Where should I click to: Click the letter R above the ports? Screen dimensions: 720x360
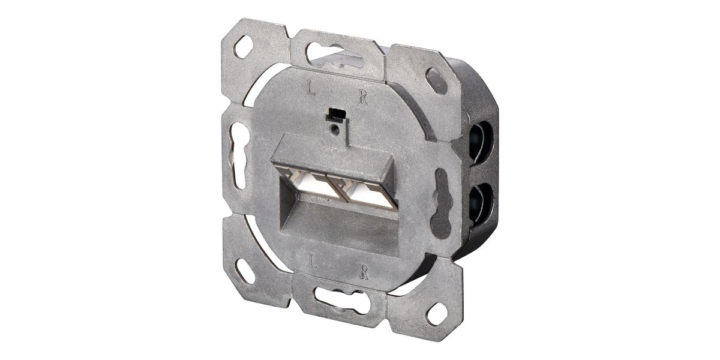[x=364, y=97]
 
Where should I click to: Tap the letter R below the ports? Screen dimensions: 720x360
[x=364, y=272]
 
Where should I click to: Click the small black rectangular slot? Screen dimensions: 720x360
[x=336, y=115]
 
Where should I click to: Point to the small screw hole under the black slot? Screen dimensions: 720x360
[x=335, y=128]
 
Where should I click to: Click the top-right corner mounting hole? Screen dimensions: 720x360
[x=436, y=80]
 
